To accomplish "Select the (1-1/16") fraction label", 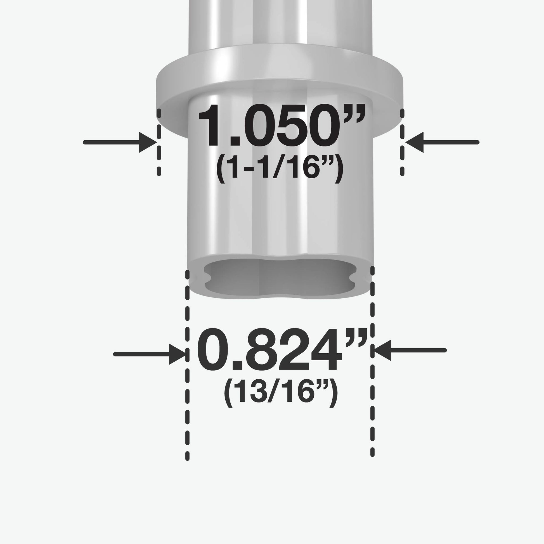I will click(279, 169).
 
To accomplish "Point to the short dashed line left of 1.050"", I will click(159, 142).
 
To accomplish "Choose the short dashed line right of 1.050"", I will click(402, 142).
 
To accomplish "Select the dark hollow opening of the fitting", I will click(280, 277).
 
